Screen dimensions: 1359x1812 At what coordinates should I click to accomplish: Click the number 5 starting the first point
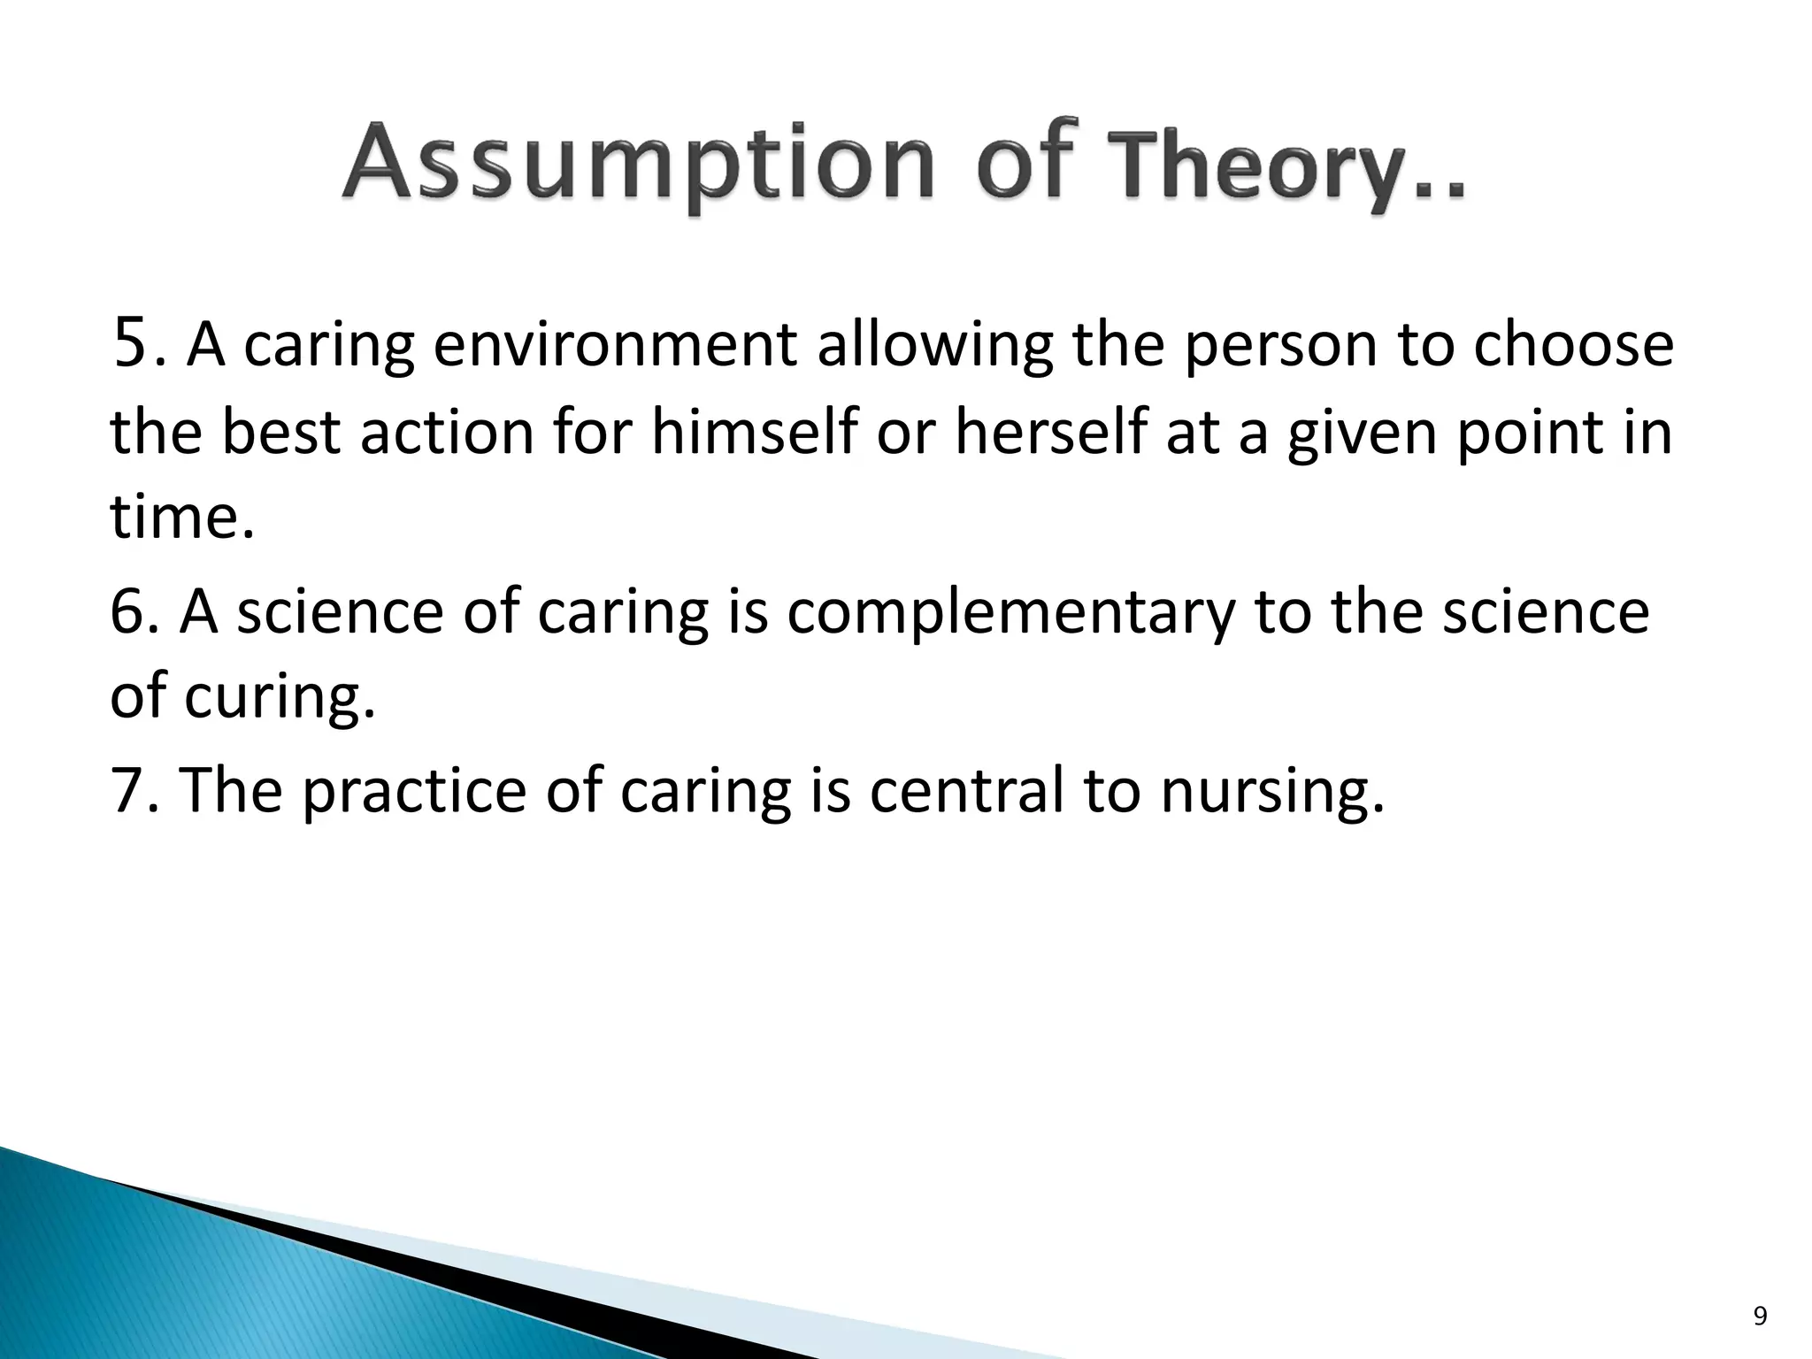click(x=129, y=345)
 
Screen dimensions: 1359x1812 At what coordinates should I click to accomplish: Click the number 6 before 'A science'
click(x=127, y=611)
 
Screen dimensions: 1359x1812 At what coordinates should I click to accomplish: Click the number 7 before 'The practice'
click(x=127, y=789)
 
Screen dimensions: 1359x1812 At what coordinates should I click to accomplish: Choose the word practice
click(x=414, y=791)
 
